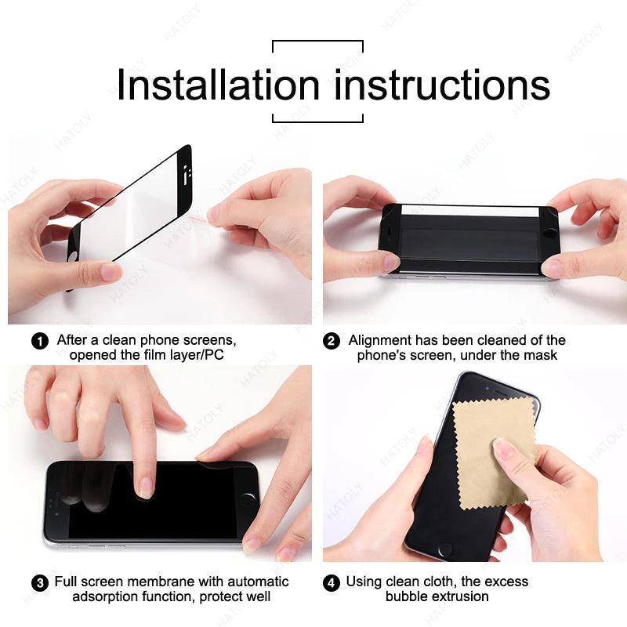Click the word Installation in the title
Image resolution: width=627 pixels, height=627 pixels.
[217, 85]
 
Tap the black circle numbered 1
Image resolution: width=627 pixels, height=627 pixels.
[39, 341]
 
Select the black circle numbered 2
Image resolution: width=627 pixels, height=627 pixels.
[332, 341]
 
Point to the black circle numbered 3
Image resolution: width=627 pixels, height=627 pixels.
[39, 582]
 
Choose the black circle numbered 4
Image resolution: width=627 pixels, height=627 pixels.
[332, 582]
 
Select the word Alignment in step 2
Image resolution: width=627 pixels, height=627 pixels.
[379, 340]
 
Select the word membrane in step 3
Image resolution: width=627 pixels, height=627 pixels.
[161, 582]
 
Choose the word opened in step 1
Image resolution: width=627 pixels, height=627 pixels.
[92, 355]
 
